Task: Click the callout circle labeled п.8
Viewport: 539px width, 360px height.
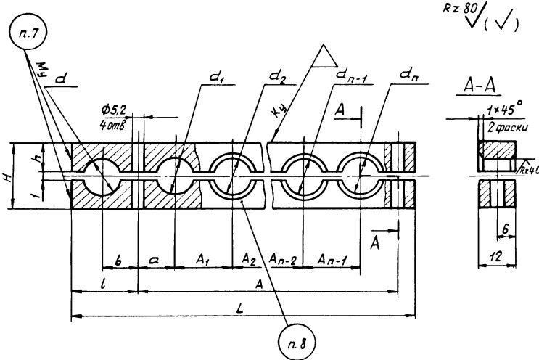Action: coord(295,340)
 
